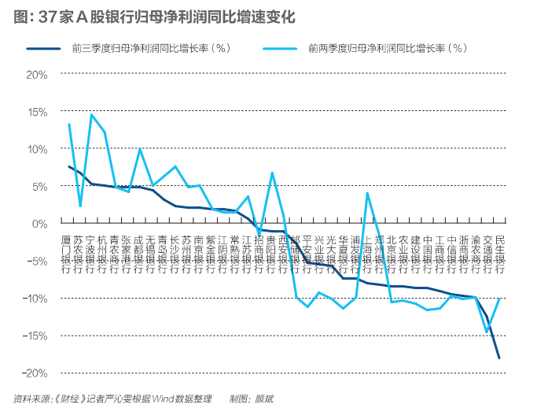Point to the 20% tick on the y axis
click(37, 74)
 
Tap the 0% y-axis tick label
click(40, 224)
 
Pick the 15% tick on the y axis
click(37, 112)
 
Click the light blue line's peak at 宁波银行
click(92, 115)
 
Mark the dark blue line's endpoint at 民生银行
click(499, 358)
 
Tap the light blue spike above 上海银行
click(367, 193)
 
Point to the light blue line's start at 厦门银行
click(69, 124)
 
